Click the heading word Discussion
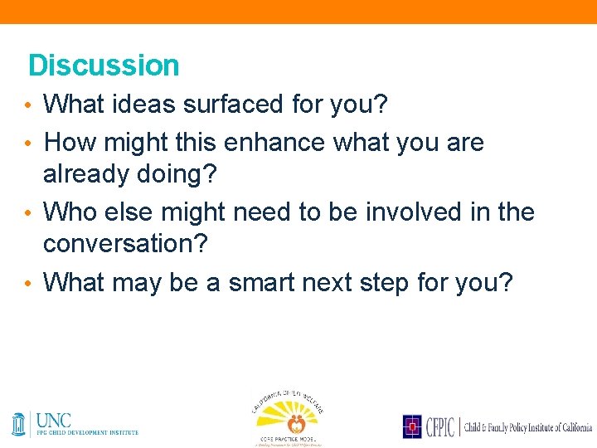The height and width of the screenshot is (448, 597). (x=104, y=66)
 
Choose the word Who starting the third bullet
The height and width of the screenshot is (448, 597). (x=72, y=212)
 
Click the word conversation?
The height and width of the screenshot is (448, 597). (x=124, y=244)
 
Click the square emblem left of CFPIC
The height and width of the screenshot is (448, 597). (x=412, y=426)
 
